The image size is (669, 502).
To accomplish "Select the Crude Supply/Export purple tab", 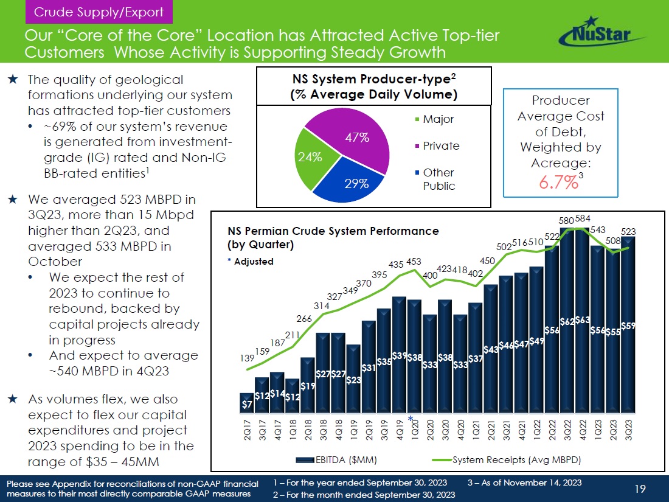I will coord(99,12).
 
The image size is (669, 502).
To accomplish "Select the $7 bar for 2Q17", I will coord(247,403).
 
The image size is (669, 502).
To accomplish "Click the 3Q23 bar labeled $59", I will coord(628,326).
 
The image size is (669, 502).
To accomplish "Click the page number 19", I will coord(639,488).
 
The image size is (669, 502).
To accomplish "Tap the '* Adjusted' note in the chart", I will coord(251,261).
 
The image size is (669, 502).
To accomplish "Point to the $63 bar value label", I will coord(583,319).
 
